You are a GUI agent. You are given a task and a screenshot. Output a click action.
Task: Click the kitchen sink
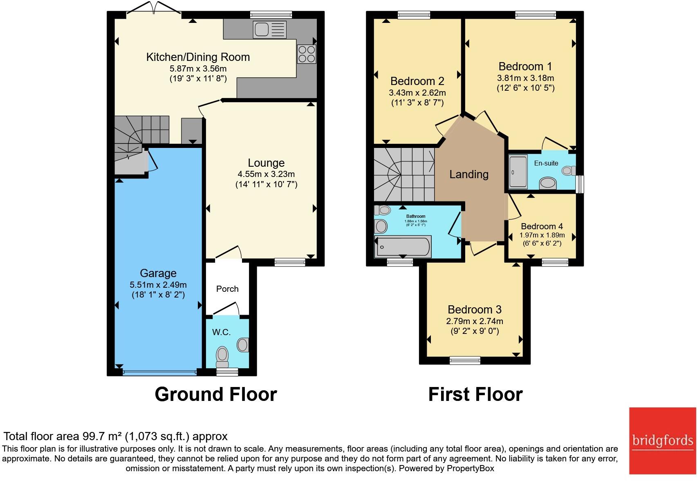269,29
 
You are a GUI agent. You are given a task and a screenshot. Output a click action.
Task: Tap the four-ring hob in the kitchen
307,54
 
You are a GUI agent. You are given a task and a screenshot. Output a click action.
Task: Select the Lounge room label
266,163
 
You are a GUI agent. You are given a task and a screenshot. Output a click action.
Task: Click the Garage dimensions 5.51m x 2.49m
158,285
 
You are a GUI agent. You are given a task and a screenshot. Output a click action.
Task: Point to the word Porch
227,289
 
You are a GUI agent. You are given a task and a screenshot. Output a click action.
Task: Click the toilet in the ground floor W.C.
222,356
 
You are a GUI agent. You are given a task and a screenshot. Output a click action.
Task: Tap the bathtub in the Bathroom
403,247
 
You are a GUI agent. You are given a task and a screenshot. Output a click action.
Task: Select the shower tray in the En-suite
518,172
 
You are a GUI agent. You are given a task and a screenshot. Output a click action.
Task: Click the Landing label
468,174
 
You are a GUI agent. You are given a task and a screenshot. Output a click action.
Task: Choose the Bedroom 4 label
542,226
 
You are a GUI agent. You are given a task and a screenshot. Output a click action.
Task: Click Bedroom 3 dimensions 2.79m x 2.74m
475,321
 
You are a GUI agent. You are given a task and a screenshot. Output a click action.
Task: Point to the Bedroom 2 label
417,81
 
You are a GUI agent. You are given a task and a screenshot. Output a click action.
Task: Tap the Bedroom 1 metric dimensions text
525,78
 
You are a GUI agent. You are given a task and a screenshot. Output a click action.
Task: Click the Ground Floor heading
215,394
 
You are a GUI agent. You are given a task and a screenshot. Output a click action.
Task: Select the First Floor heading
475,394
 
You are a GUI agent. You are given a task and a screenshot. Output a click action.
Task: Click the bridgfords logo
663,441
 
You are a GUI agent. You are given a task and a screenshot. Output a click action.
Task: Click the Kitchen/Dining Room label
198,57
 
